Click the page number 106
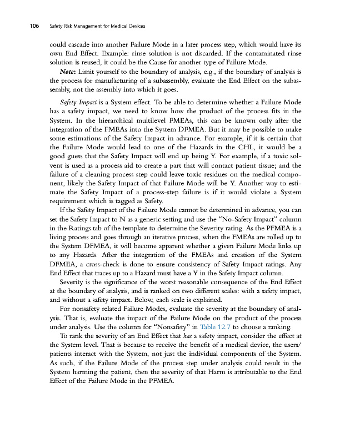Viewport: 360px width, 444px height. coord(29,26)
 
